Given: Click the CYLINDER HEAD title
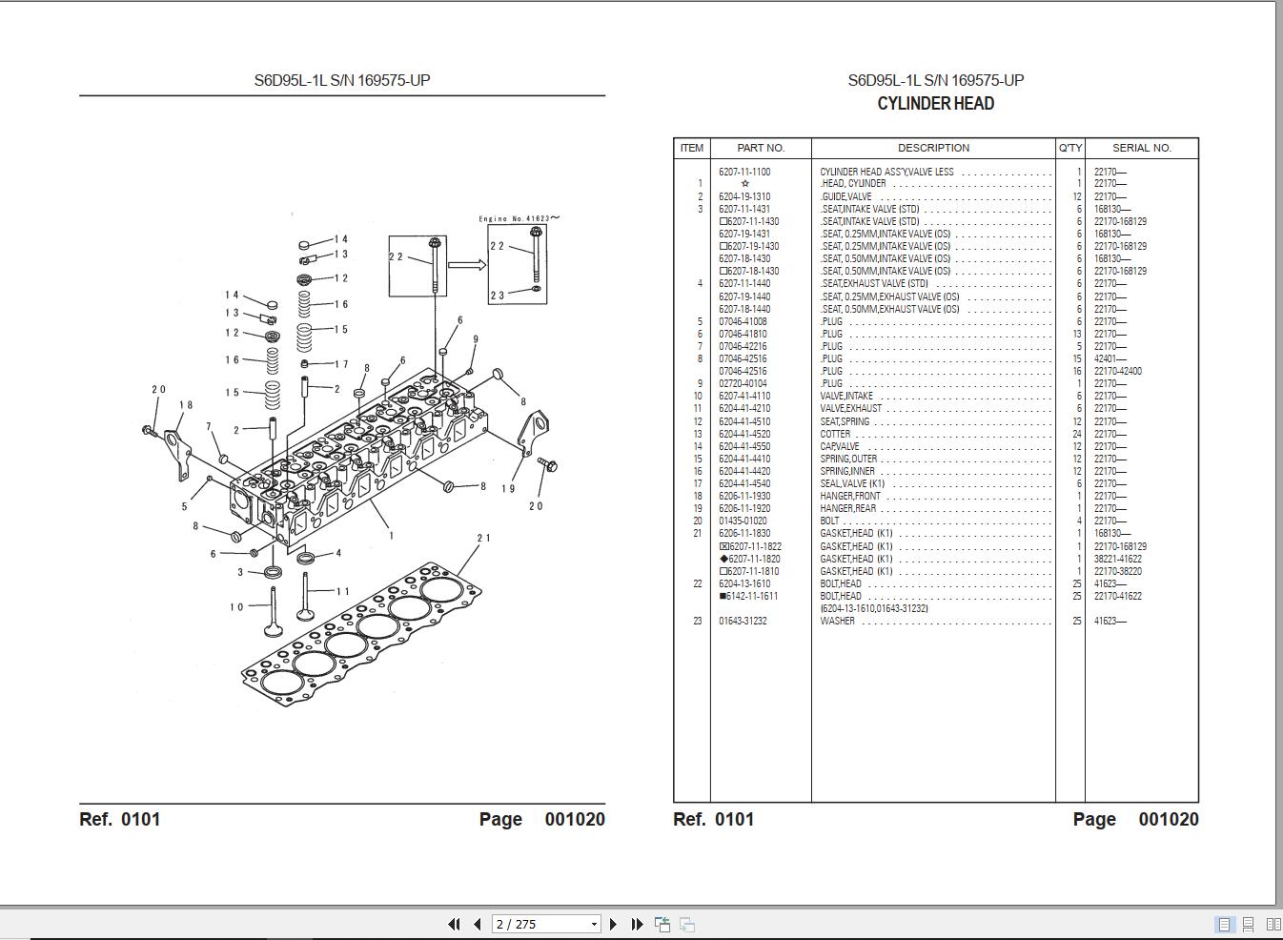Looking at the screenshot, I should point(935,104).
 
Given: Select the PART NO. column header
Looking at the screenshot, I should point(761,148).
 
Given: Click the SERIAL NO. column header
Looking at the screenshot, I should point(1141,148).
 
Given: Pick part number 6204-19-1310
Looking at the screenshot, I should point(744,196).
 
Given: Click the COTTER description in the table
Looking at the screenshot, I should point(835,434).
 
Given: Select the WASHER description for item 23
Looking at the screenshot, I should point(837,621).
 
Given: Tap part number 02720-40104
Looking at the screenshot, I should point(743,383).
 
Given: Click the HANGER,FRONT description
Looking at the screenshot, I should point(850,496).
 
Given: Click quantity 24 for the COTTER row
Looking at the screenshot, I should point(1077,434).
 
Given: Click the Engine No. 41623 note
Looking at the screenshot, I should point(519,218).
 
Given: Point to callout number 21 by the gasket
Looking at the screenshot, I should point(483,538).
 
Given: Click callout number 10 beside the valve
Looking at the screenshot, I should point(236,606).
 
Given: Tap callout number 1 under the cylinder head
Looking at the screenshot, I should point(391,536).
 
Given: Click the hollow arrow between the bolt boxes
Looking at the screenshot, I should point(466,265).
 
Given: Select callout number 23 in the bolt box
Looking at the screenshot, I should point(498,296).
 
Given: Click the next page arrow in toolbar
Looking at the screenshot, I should point(614,924).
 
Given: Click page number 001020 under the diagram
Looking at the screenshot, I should point(575,819).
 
